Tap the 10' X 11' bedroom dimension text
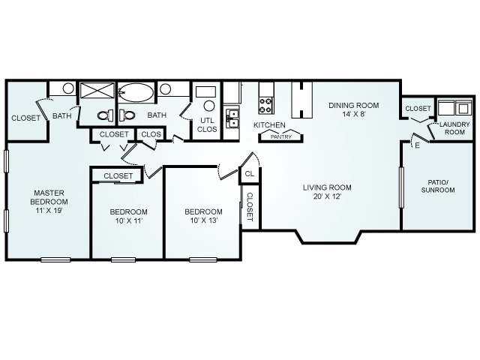[129, 220]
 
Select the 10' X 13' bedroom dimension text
[203, 220]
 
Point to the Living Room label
[327, 187]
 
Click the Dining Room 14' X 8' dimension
[354, 114]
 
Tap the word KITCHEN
[269, 125]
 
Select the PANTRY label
[281, 136]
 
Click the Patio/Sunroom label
[438, 186]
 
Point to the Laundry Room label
[454, 128]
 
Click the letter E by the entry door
[418, 145]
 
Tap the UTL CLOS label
[207, 124]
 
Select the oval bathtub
[136, 92]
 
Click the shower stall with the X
[97, 90]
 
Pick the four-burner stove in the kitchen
[265, 105]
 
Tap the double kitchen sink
[232, 118]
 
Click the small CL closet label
[250, 174]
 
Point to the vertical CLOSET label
[250, 207]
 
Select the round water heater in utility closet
[209, 106]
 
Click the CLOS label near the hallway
[151, 134]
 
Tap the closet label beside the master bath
[25, 118]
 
